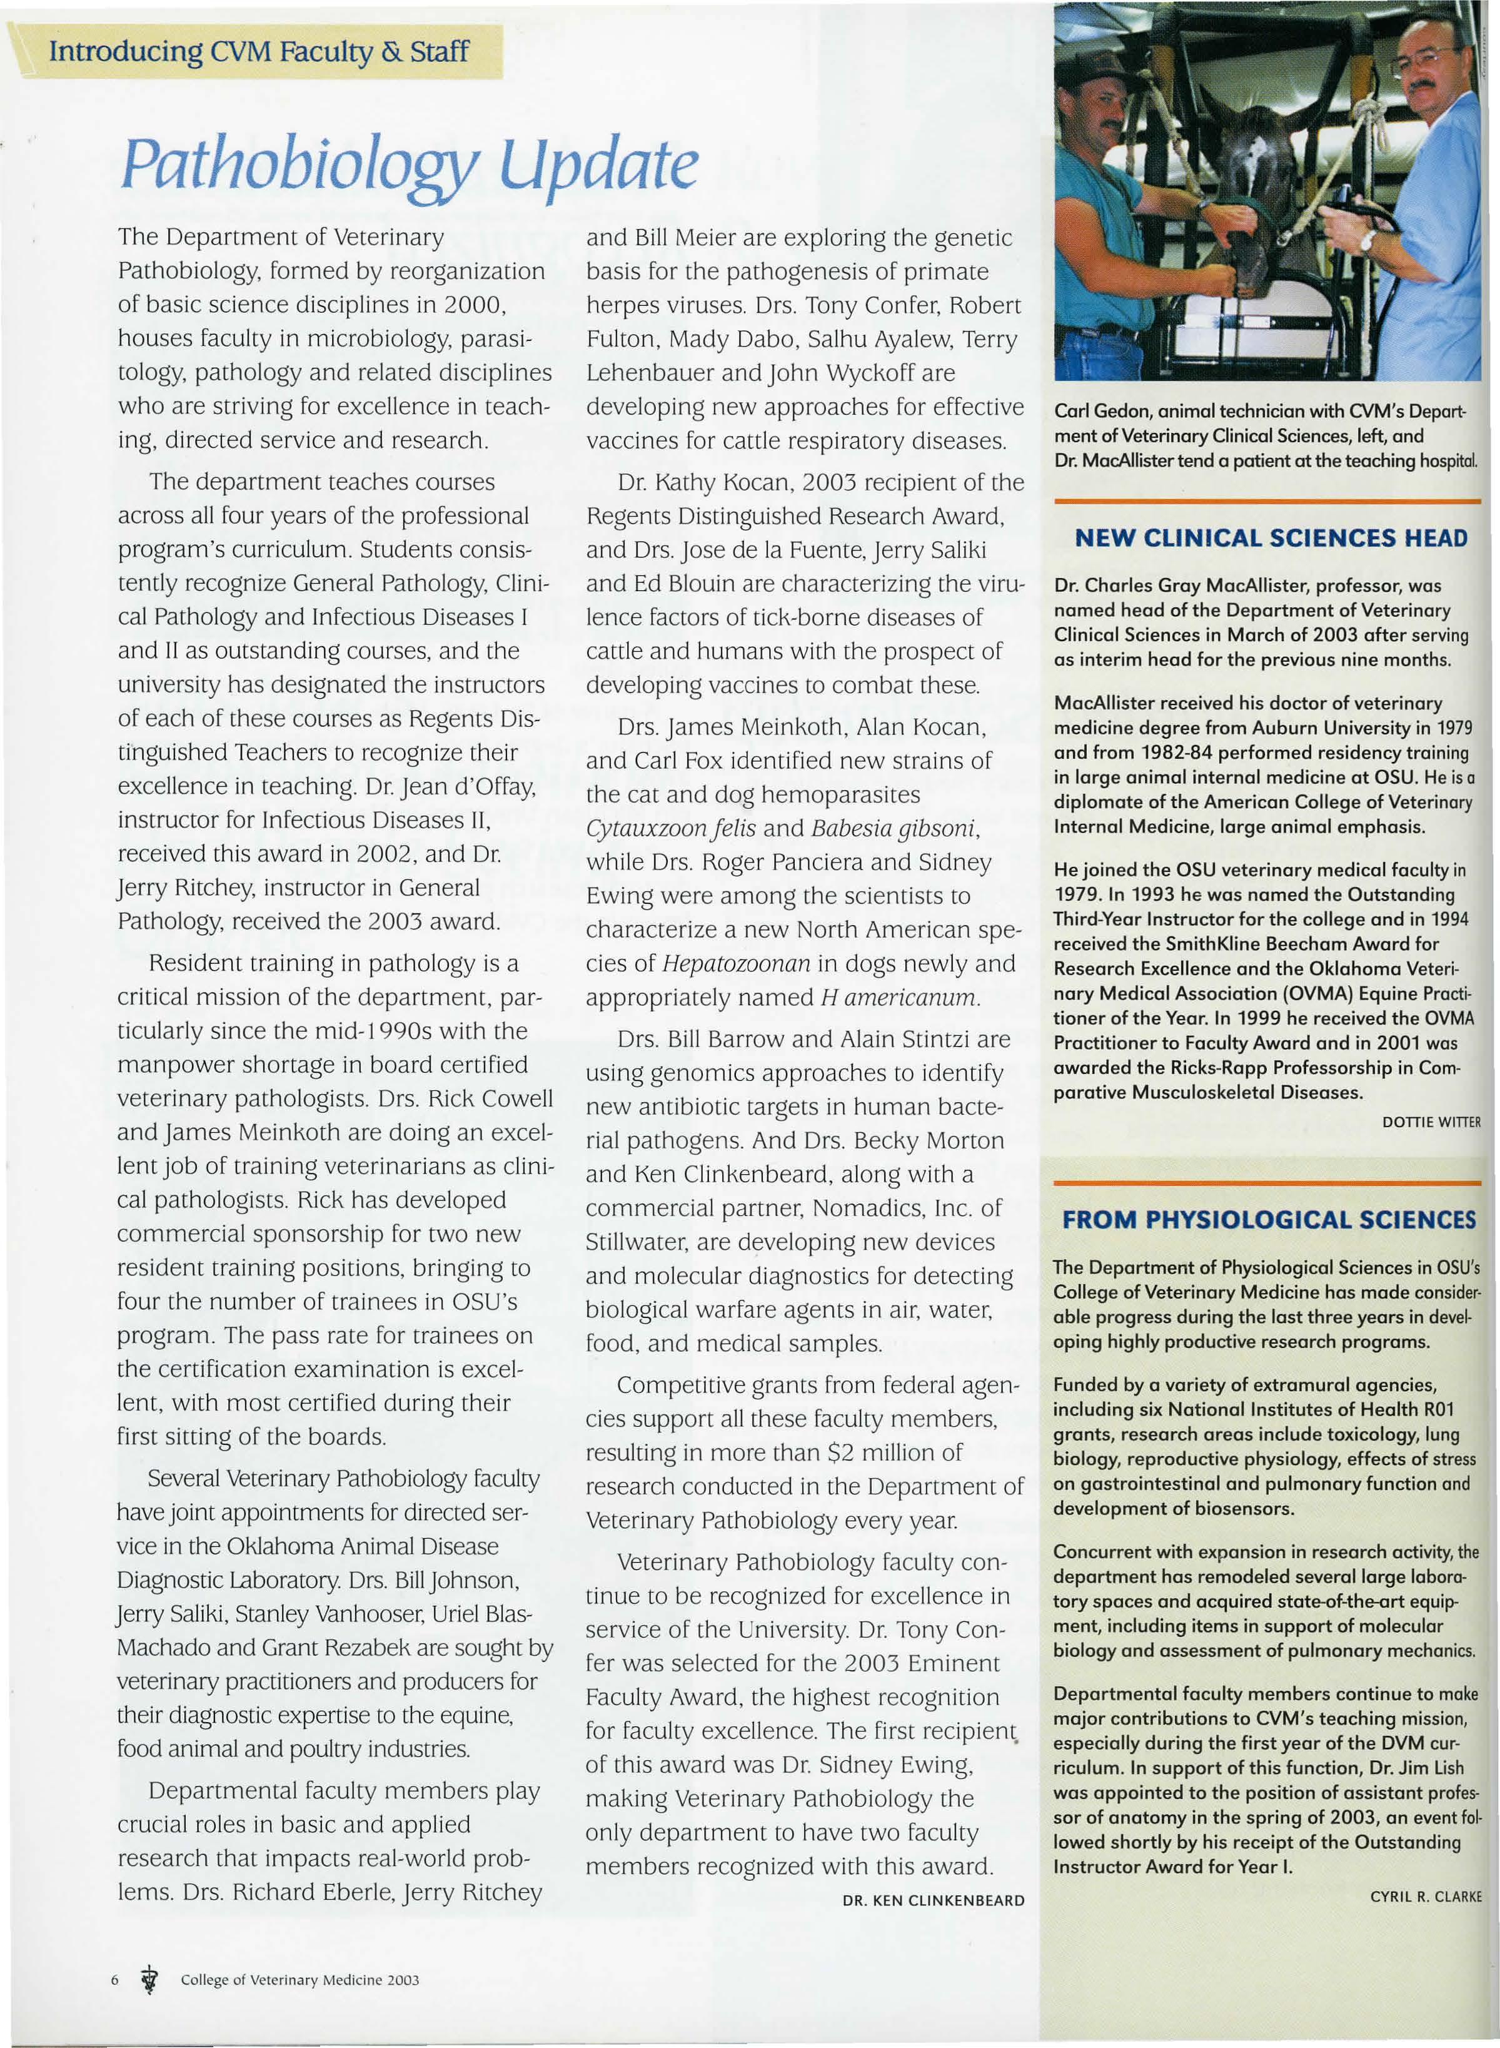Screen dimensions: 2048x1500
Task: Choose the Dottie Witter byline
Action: pyautogui.click(x=1431, y=1123)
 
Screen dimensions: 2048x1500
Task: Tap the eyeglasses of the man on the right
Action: pyautogui.click(x=1426, y=62)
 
